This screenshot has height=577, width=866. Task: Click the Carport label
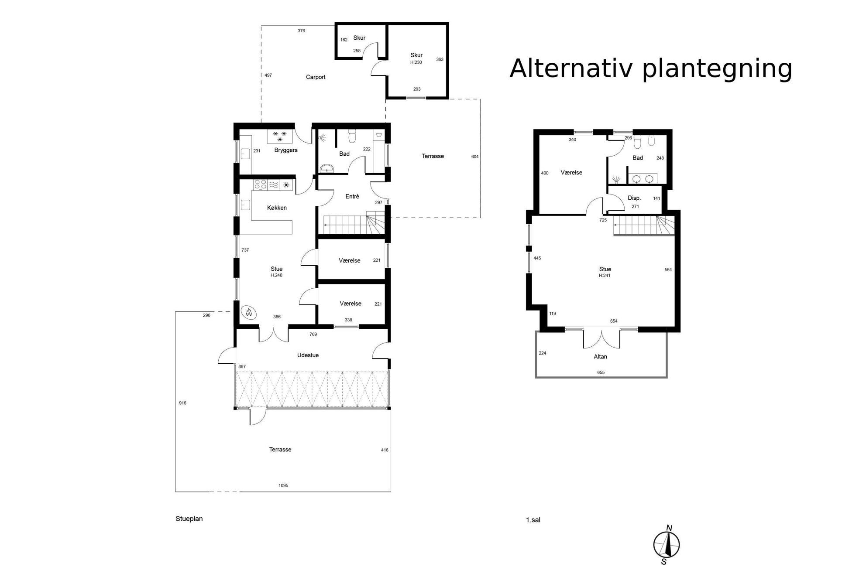pyautogui.click(x=316, y=77)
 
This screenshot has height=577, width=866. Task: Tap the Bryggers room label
pyautogui.click(x=286, y=150)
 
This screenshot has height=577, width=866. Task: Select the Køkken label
pyautogui.click(x=277, y=208)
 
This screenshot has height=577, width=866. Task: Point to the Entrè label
pyautogui.click(x=352, y=197)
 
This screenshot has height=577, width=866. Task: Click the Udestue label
pyautogui.click(x=308, y=355)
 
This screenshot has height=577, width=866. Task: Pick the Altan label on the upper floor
pyautogui.click(x=600, y=356)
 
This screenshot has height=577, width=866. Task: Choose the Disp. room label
pyautogui.click(x=634, y=198)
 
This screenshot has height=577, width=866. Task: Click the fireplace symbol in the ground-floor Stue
pyautogui.click(x=249, y=312)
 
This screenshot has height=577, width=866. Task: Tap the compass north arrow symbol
pyautogui.click(x=667, y=545)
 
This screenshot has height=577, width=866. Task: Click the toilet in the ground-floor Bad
pyautogui.click(x=353, y=136)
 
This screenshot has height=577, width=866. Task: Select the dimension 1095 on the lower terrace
pyautogui.click(x=283, y=485)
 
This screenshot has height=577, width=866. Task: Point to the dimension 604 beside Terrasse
pyautogui.click(x=475, y=157)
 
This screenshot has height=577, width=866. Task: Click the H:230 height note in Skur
pyautogui.click(x=416, y=62)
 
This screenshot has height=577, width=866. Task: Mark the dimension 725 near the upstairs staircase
pyautogui.click(x=603, y=220)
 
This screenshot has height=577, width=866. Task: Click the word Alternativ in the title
pyautogui.click(x=572, y=68)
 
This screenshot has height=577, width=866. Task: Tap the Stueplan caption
pyautogui.click(x=189, y=519)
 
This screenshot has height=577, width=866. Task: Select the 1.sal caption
pyautogui.click(x=533, y=520)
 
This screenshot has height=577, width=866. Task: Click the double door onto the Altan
pyautogui.click(x=601, y=339)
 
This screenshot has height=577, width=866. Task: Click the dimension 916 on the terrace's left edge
pyautogui.click(x=182, y=403)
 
